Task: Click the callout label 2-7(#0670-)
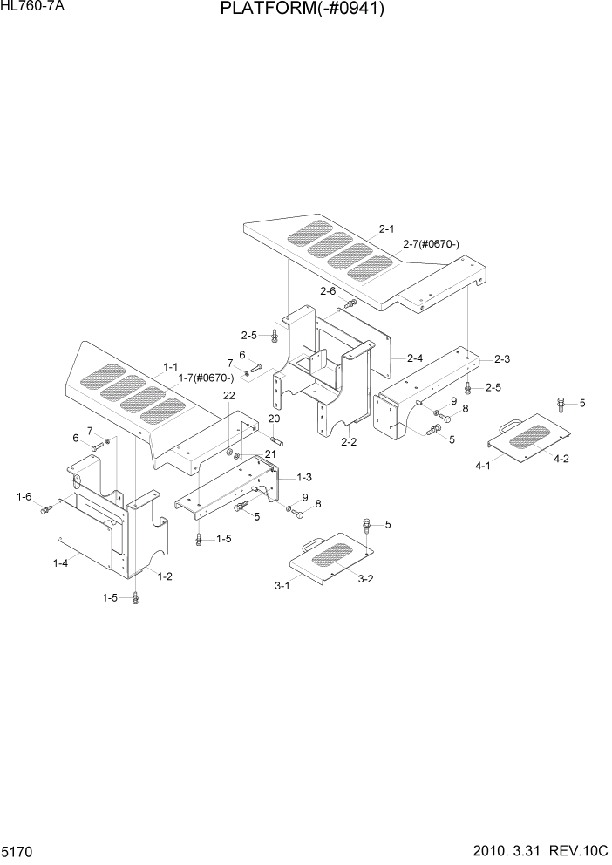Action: [431, 244]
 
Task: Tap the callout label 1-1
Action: [170, 367]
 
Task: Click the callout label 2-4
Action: [414, 358]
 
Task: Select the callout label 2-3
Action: [502, 358]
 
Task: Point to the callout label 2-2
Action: [349, 442]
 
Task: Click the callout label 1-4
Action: [60, 563]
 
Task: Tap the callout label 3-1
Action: [282, 586]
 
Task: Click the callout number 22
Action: [228, 395]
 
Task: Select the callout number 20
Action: [274, 419]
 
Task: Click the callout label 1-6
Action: [24, 496]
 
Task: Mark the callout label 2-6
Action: [328, 290]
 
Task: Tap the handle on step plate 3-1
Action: [310, 546]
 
